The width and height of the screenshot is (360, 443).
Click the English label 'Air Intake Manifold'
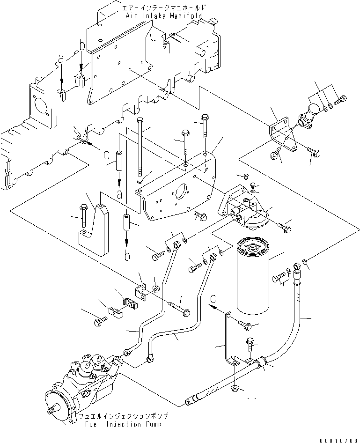point(163,15)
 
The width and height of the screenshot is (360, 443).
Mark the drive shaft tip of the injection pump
point(50,411)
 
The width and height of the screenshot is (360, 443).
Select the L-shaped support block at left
point(95,229)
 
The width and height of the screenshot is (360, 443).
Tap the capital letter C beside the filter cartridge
point(213,298)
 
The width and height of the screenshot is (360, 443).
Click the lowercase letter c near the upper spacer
point(106,154)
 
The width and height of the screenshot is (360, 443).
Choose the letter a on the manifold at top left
point(60,59)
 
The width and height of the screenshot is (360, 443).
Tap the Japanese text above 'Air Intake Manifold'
point(163,8)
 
